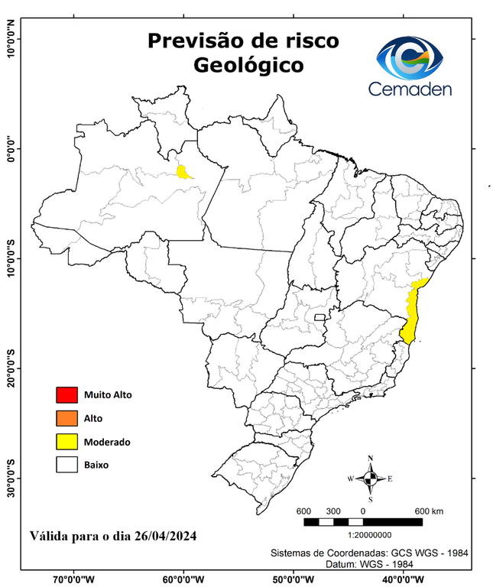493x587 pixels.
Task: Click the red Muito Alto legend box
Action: (x=67, y=395)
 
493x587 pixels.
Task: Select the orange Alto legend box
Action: (x=67, y=418)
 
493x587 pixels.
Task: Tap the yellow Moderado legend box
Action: (x=67, y=442)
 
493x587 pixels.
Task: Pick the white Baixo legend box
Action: (x=67, y=465)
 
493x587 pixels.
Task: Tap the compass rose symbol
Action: (x=370, y=478)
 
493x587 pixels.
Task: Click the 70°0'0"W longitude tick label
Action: (x=74, y=579)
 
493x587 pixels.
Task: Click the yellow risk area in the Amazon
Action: (x=183, y=171)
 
